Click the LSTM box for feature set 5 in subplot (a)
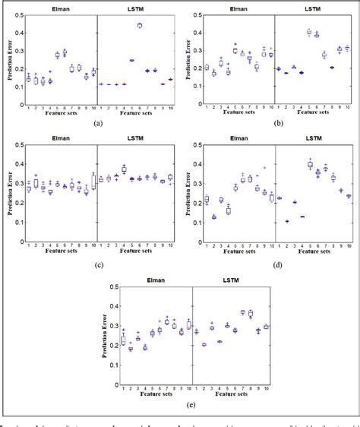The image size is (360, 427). [x=131, y=60]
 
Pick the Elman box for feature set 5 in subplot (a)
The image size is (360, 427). [x=57, y=55]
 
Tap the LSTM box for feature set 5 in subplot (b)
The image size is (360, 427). [x=308, y=32]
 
